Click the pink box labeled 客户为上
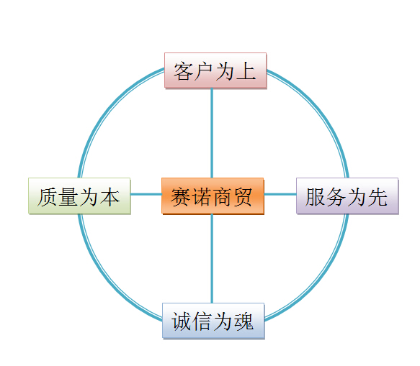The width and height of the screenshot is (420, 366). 215,70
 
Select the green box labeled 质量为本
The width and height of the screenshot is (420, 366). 79,196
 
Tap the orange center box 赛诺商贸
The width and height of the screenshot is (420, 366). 213,196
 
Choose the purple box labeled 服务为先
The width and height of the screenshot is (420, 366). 347,196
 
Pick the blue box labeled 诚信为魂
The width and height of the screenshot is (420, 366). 213,321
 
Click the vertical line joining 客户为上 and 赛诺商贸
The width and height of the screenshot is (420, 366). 212,133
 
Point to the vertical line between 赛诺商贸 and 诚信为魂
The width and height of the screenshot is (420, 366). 212,258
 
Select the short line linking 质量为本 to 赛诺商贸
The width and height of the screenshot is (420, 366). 146,194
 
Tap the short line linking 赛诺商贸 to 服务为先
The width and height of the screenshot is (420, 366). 280,194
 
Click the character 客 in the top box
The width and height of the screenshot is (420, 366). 184,71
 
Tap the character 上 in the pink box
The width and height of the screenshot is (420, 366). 246,71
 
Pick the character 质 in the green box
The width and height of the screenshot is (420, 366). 48,197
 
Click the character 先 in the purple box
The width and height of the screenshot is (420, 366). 377,197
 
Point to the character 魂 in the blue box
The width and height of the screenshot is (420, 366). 243,321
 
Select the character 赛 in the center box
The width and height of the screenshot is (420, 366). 181,197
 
